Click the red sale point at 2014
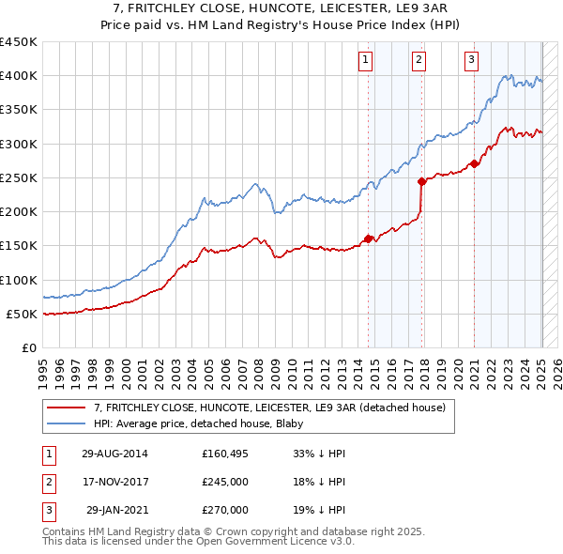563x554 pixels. click(368, 238)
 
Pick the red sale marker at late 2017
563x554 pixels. click(421, 182)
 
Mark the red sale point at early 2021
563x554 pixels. click(475, 164)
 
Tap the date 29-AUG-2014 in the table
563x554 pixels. click(114, 454)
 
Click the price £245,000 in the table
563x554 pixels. click(225, 482)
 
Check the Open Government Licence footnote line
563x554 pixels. click(198, 542)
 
